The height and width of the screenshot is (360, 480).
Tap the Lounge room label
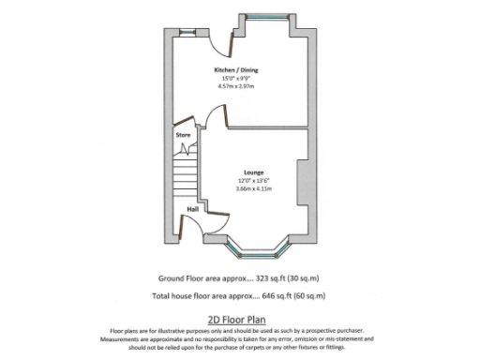click(253, 172)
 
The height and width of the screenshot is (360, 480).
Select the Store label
click(183, 136)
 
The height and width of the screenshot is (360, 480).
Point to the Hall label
click(193, 209)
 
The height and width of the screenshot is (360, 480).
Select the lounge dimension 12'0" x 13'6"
click(253, 181)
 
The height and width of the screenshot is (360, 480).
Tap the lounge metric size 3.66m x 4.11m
click(253, 189)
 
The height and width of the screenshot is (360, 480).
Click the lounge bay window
click(259, 248)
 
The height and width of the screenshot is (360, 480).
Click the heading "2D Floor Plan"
click(240, 319)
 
